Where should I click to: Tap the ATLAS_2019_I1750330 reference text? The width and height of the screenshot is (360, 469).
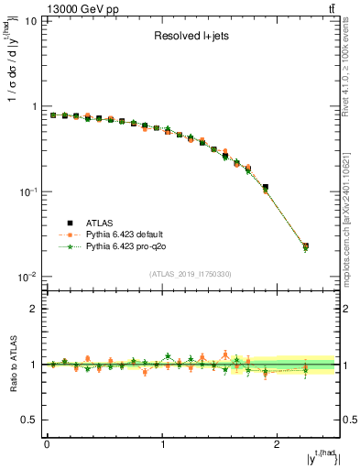(191, 274)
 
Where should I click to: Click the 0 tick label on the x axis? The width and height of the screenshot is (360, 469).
(47, 443)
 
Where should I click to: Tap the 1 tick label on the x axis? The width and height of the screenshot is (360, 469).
(163, 443)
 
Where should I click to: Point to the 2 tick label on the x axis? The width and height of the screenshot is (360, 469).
(279, 443)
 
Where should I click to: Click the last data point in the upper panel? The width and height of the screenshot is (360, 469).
(305, 246)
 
